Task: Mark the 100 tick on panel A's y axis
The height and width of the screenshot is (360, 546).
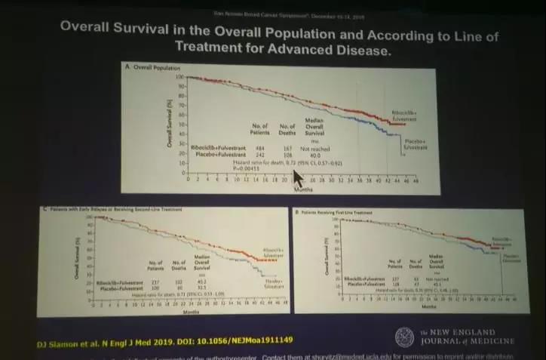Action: (179, 77)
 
